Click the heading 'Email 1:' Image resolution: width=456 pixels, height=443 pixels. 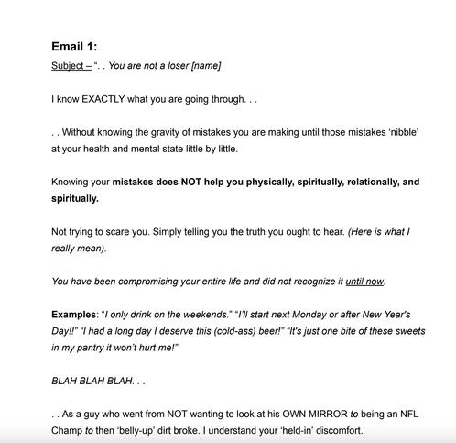tap(74, 46)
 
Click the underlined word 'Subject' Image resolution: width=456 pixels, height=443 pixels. tap(68, 66)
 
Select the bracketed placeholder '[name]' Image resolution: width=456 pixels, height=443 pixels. tap(206, 66)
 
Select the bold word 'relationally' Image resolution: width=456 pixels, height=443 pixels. tap(364, 182)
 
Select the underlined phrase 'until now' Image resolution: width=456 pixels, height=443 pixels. tap(364, 282)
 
